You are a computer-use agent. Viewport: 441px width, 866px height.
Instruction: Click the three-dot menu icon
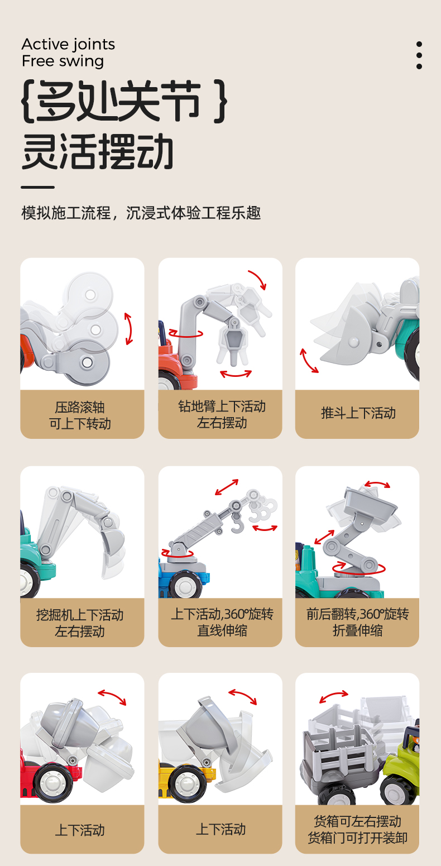pyautogui.click(x=419, y=55)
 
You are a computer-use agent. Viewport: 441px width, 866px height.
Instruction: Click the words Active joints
pyautogui.click(x=68, y=45)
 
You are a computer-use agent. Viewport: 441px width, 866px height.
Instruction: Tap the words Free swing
pyautogui.click(x=63, y=61)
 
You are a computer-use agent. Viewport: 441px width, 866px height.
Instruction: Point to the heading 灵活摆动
pyautogui.click(x=97, y=151)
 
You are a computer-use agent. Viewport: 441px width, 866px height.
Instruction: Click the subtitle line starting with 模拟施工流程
pyautogui.click(x=141, y=213)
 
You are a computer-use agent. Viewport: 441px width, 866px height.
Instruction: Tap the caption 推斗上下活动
pyautogui.click(x=358, y=413)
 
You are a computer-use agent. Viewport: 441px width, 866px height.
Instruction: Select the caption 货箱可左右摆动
pyautogui.click(x=357, y=821)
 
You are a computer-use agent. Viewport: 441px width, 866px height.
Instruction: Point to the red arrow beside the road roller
pyautogui.click(x=129, y=329)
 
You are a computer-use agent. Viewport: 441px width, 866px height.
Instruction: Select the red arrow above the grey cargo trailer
pyautogui.click(x=334, y=696)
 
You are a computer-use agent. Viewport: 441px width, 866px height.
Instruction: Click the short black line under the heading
pyautogui.click(x=37, y=187)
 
